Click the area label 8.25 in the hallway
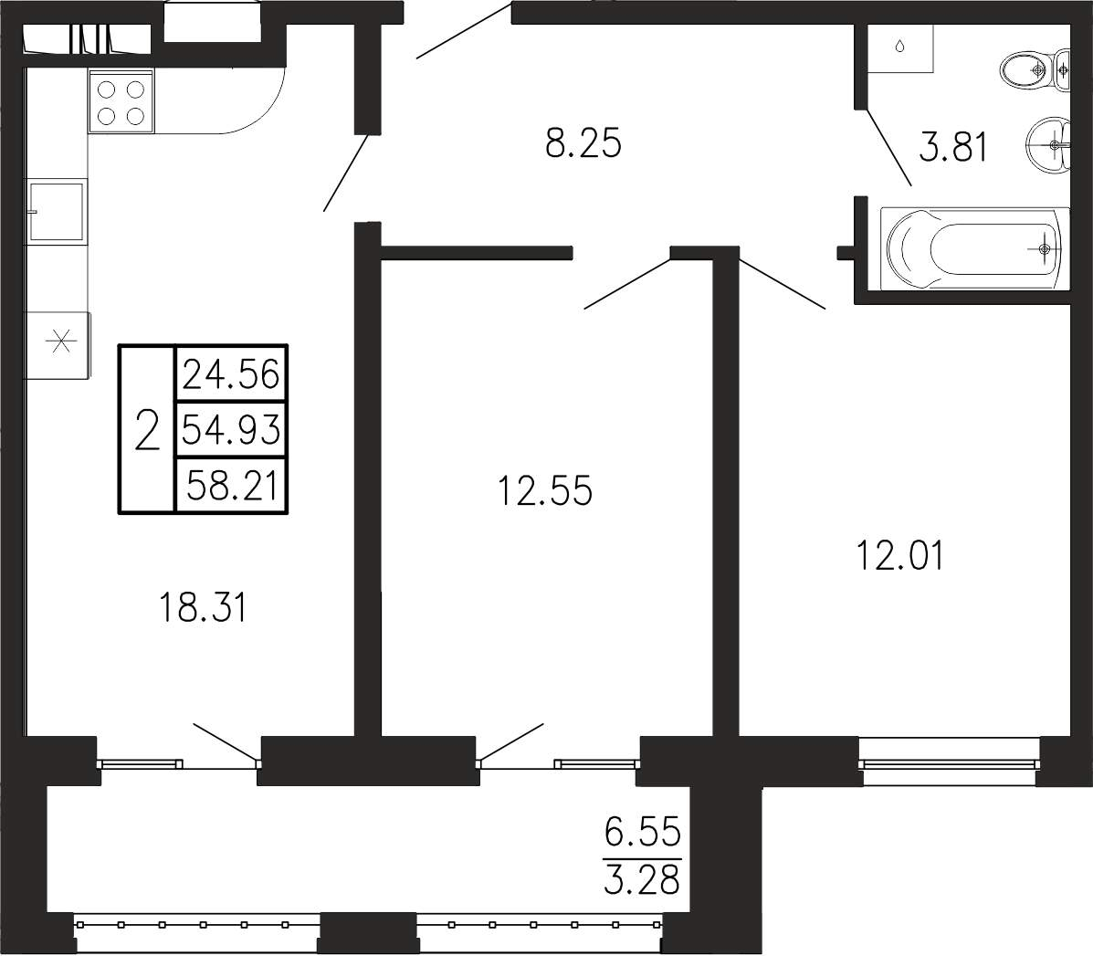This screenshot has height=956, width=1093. [x=583, y=143]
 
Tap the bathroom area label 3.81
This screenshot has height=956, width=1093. [x=953, y=148]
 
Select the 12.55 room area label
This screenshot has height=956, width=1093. [x=545, y=489]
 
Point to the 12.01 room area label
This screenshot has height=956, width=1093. [x=900, y=556]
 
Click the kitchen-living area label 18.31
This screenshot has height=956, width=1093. [x=203, y=607]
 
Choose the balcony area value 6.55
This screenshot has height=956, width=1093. [x=642, y=831]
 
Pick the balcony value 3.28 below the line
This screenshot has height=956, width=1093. [x=642, y=879]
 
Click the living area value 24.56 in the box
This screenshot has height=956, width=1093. [x=231, y=374]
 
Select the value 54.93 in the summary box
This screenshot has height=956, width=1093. [x=231, y=429]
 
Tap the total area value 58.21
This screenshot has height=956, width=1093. [x=233, y=485]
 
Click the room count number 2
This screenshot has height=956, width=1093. [x=147, y=430]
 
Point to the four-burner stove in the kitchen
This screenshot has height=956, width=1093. [x=121, y=101]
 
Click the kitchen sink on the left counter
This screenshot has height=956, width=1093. [x=57, y=211]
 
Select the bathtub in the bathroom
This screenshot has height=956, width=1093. [x=974, y=247]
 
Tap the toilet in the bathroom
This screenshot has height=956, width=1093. [x=1035, y=69]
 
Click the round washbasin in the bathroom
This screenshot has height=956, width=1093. [x=1048, y=145]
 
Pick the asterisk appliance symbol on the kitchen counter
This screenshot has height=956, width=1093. [x=60, y=342]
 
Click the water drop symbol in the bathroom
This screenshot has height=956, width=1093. [x=899, y=46]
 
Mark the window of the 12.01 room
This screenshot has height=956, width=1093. [x=949, y=763]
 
